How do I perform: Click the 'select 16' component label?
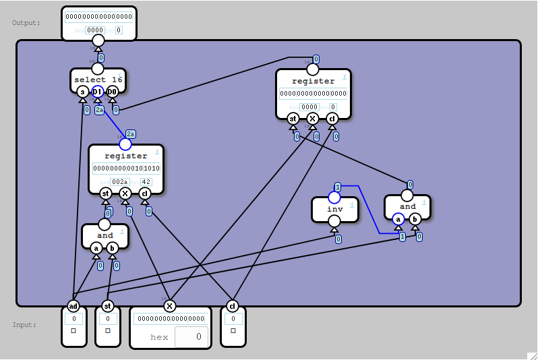[98, 80]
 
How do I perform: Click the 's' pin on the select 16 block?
[82, 91]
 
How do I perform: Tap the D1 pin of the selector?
[97, 91]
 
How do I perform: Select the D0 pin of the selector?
[113, 91]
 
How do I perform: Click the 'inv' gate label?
[334, 209]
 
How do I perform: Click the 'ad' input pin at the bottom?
[73, 305]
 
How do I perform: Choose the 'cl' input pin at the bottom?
[233, 305]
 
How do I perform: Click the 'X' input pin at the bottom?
[170, 305]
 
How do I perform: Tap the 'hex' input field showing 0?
[191, 336]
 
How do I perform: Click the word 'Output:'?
[26, 23]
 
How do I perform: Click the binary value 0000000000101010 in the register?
[126, 169]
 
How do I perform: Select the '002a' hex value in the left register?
[119, 182]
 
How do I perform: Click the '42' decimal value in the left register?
[146, 182]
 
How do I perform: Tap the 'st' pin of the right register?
[293, 119]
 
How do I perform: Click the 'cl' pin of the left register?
[144, 194]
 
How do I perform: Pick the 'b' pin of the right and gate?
[415, 219]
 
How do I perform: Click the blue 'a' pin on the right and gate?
[398, 219]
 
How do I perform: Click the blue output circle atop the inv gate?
[334, 197]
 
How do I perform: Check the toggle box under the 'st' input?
[107, 331]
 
